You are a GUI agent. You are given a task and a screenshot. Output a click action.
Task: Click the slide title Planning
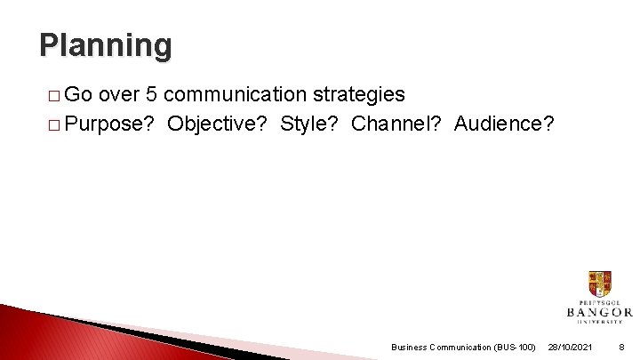106,44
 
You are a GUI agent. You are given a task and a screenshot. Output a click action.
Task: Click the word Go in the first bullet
80,94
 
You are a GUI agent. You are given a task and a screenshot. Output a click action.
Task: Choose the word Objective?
218,124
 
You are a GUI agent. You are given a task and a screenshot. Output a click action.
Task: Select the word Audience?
504,124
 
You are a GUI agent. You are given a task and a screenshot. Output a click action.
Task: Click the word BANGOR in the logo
600,313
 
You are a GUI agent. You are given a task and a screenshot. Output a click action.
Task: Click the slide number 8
620,347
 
